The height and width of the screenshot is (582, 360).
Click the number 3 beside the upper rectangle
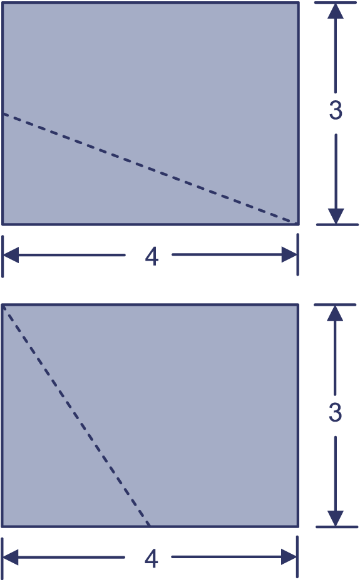[x=336, y=110]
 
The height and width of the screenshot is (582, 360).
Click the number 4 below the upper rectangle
[x=152, y=256]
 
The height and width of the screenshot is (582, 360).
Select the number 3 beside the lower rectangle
[x=335, y=412]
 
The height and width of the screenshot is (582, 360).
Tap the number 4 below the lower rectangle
[x=152, y=559]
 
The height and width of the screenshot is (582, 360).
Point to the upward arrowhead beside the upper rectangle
[x=336, y=11]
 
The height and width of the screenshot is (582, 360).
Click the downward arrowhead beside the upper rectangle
[x=336, y=216]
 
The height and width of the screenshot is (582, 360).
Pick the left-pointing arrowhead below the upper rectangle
[x=11, y=255]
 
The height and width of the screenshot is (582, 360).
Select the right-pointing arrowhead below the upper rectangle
[x=289, y=254]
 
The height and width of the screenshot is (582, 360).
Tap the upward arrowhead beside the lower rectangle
[x=335, y=313]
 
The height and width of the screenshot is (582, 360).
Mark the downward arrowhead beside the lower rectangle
[x=336, y=519]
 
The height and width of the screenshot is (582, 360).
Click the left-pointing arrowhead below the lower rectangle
[x=11, y=557]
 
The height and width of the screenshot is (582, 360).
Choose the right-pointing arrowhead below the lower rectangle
[x=289, y=557]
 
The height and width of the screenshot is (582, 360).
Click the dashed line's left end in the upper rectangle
[x=3, y=113]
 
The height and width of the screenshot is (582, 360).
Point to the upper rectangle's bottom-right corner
[x=298, y=224]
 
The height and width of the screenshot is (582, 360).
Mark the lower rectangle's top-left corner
[x=3, y=304]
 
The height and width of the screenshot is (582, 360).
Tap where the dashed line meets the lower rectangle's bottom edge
[x=150, y=526]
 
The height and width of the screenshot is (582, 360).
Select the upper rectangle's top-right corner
[x=298, y=3]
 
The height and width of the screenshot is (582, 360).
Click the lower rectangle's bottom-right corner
[x=298, y=526]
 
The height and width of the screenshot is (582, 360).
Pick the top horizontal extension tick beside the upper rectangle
[x=336, y=3]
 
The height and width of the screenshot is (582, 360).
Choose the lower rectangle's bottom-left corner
[x=3, y=526]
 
